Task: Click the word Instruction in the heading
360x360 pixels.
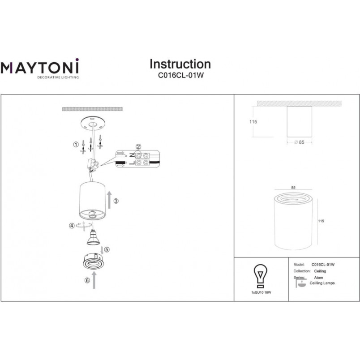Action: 180,64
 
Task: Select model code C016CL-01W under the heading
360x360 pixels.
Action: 181,75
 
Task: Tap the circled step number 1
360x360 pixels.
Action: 76,145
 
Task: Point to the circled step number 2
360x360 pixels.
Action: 138,146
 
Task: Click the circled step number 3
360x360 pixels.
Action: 116,201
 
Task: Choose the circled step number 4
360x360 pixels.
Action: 72,226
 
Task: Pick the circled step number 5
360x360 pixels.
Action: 107,249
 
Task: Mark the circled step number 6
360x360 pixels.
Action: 87,280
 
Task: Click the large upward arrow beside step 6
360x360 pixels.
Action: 94,280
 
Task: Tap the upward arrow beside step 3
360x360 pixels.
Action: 109,200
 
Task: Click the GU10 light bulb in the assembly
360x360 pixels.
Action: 94,237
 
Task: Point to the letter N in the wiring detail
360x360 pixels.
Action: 132,155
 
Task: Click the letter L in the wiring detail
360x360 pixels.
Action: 132,163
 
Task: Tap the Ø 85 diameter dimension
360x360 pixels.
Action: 300,142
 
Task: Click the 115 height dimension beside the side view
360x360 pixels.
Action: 253,122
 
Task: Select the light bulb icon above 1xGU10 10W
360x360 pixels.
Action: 260,276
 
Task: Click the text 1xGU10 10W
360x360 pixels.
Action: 261,292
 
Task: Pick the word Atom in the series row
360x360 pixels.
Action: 318,278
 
